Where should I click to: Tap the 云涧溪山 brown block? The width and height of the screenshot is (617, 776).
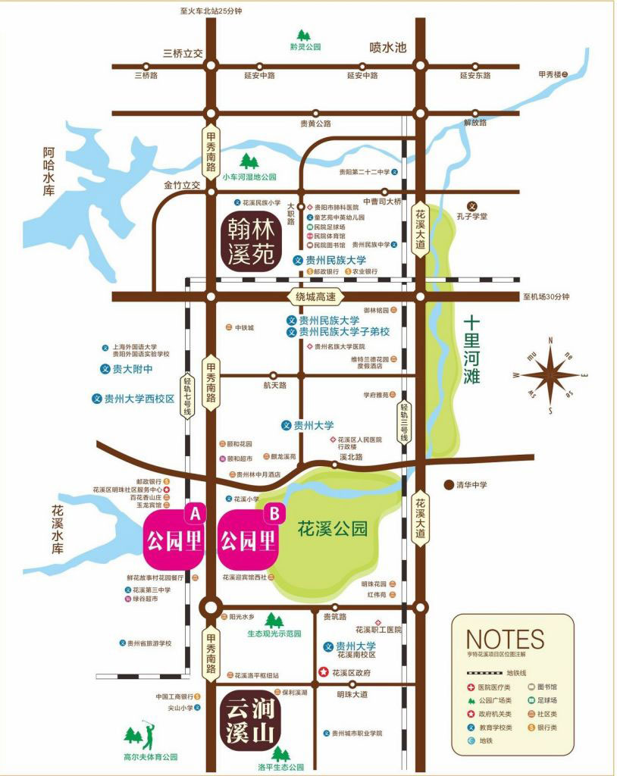coord(249,721)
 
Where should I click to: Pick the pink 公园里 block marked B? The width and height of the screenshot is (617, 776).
coord(249,541)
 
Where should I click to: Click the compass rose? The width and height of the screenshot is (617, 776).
coord(550,375)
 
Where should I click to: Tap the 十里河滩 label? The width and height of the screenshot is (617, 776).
coord(472,350)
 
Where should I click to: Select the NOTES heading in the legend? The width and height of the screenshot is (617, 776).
coord(505,639)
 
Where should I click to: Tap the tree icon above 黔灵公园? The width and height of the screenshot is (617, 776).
coord(304,36)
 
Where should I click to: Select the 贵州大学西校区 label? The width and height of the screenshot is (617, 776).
coord(139,399)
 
